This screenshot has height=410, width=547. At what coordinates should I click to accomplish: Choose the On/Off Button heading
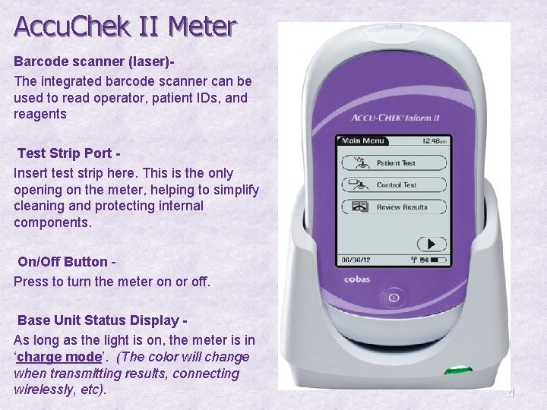(x=65, y=262)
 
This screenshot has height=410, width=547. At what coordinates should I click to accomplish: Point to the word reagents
(x=40, y=114)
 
